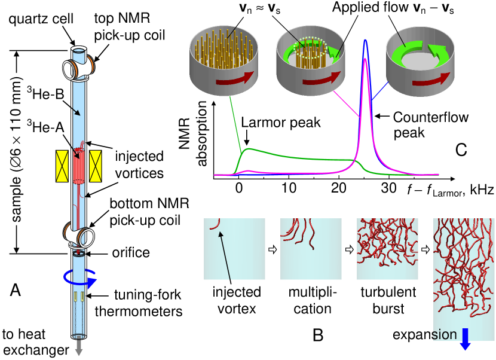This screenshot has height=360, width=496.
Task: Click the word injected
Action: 237,292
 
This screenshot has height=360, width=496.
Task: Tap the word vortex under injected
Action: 237,309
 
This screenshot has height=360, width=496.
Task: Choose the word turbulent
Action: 388,292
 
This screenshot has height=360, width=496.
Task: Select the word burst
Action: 388,309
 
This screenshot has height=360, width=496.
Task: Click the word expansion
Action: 424,334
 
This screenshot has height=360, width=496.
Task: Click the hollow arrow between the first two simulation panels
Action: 273,249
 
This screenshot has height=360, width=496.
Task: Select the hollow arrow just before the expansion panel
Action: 425,249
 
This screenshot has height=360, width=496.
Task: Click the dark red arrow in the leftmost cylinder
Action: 235,80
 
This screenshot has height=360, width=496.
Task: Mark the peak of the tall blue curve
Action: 365,40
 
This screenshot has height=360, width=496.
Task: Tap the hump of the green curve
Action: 249,148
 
